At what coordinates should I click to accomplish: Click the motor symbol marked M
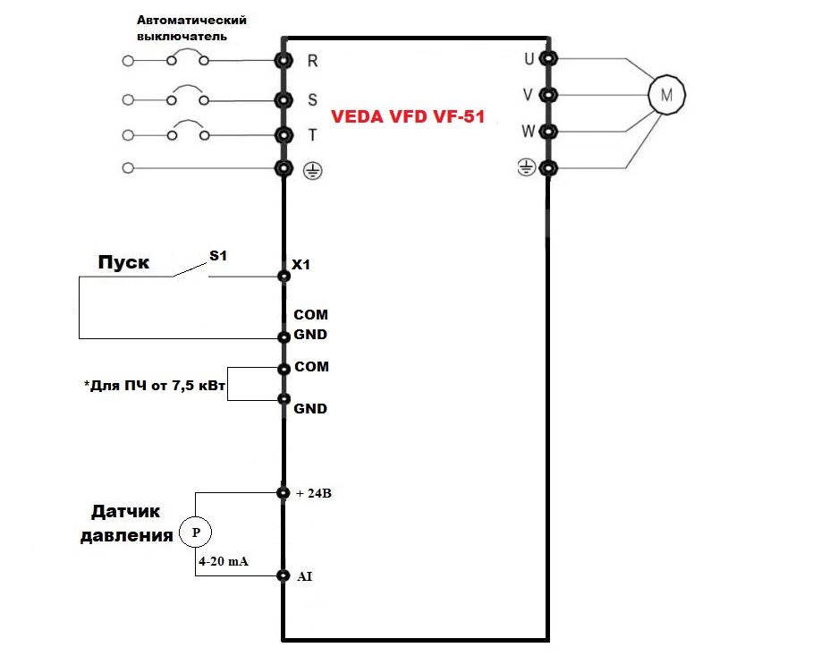tap(664, 93)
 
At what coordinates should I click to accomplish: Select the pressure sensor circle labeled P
tap(195, 532)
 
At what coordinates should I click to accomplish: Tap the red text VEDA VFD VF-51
tap(408, 116)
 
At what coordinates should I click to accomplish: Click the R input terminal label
tap(312, 61)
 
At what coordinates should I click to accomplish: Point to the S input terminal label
tap(312, 98)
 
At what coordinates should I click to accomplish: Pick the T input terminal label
tap(312, 135)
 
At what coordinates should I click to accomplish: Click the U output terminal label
tap(528, 59)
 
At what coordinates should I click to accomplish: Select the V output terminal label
tap(528, 95)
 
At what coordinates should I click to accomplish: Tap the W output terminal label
tap(528, 132)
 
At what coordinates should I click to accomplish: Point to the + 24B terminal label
tap(313, 493)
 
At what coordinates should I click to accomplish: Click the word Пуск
tap(123, 263)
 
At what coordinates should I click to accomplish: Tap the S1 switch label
tap(218, 256)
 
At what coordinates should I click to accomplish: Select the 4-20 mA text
tap(224, 561)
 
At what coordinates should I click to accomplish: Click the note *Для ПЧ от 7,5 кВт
tap(155, 388)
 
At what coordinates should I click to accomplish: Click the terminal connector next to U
tap(547, 59)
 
